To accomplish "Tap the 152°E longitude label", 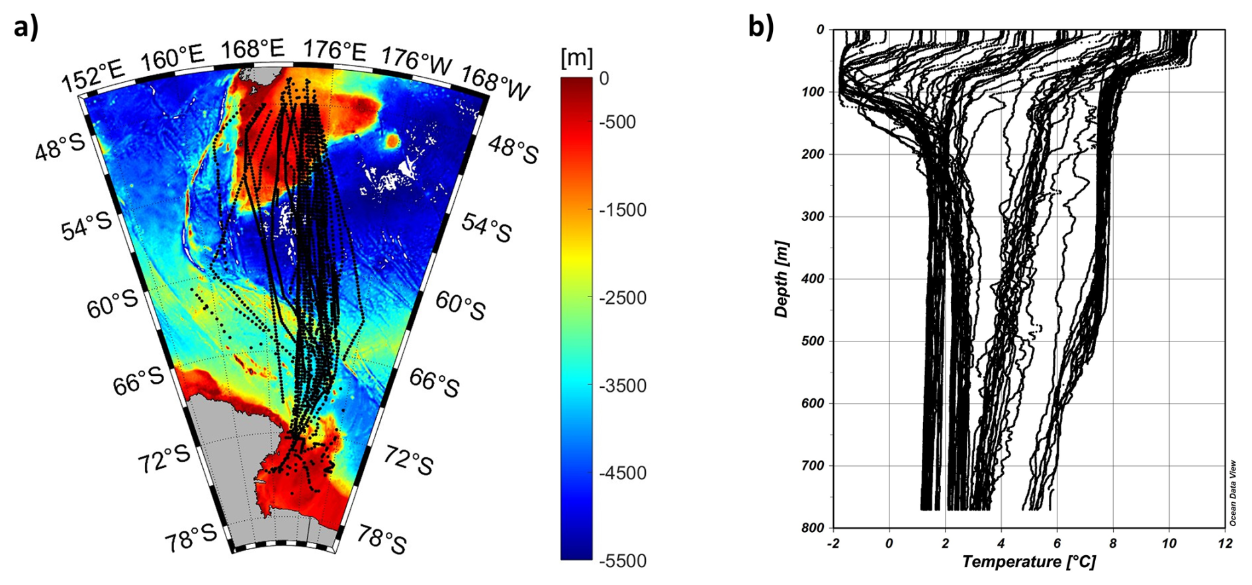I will click(x=93, y=77).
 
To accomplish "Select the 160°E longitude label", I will click(x=172, y=58).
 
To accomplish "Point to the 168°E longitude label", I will click(x=252, y=49).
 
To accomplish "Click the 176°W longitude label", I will click(x=416, y=60).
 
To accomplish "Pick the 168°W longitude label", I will click(x=496, y=83).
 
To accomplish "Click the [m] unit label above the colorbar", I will click(x=576, y=58).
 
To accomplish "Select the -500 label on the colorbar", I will click(x=617, y=122).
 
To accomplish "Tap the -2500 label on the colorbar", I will click(x=622, y=298).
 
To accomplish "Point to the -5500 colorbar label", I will click(x=622, y=561).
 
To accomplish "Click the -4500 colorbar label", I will click(x=622, y=473).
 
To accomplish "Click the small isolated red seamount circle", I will click(x=392, y=140).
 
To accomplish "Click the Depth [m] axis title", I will click(x=782, y=279).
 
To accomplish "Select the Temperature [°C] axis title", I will click(x=1028, y=562).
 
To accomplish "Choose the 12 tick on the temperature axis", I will click(x=1225, y=544).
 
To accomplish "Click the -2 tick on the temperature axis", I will click(x=832, y=544).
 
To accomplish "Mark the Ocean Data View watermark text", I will click(x=1233, y=493).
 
